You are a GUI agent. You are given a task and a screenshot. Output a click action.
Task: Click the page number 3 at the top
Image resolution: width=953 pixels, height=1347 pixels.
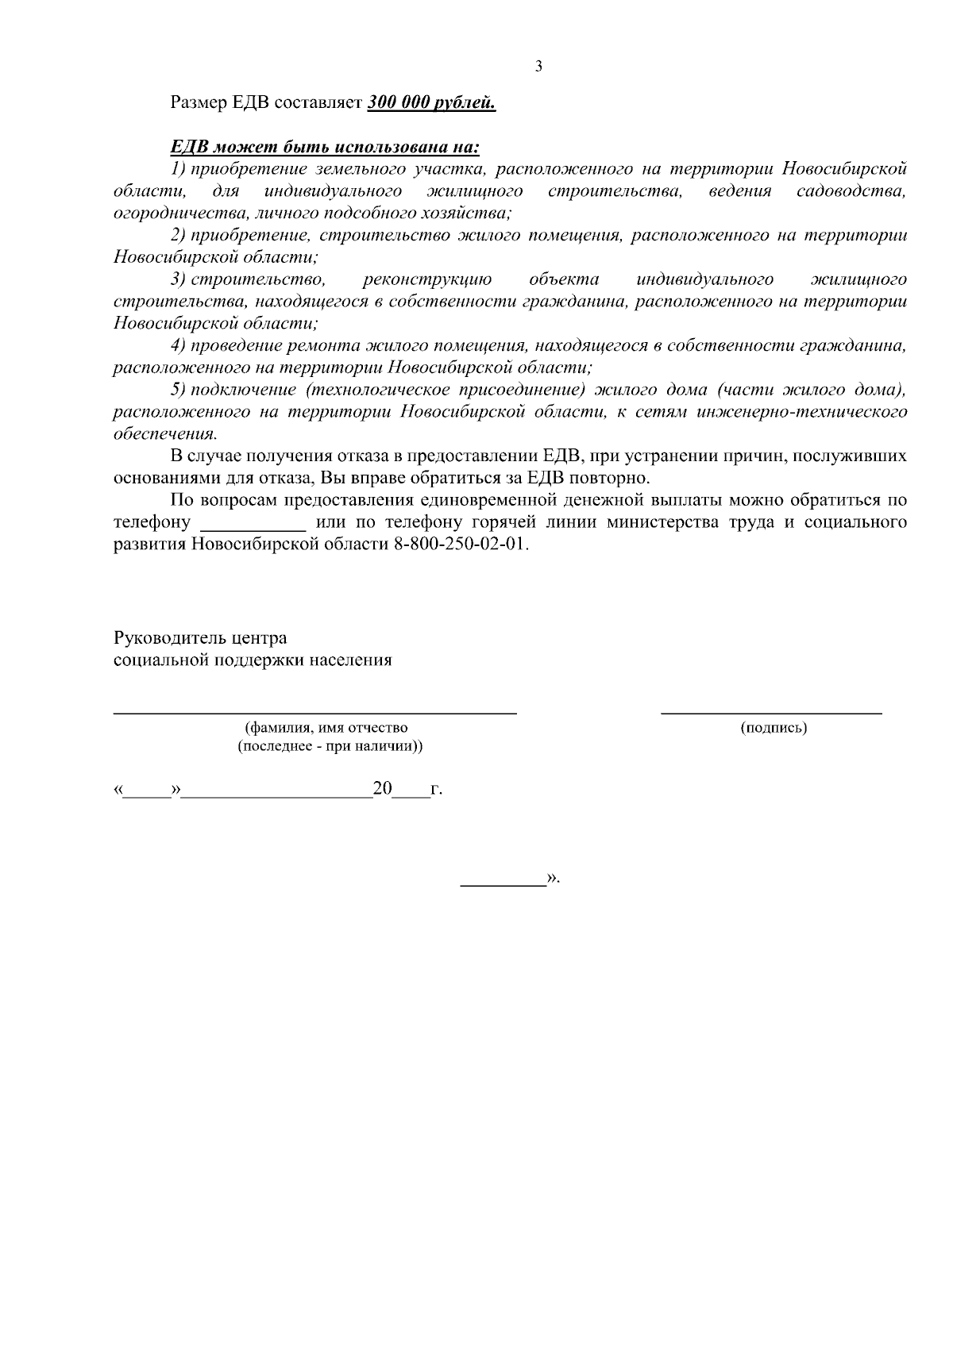[x=539, y=67]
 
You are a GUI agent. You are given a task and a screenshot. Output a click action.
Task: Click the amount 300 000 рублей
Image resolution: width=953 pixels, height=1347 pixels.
[x=431, y=103]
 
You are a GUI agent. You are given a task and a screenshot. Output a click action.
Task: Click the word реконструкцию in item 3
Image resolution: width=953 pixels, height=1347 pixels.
[x=426, y=279]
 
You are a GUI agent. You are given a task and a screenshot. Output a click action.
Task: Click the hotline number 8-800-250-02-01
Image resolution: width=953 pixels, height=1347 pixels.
[x=459, y=545]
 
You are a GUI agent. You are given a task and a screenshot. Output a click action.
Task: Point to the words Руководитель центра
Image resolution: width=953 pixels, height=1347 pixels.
[x=200, y=638]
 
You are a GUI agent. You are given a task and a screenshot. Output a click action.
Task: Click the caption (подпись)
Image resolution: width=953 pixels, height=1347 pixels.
[x=773, y=728]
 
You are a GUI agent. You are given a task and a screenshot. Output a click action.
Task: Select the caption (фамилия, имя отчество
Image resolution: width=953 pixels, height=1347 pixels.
[x=326, y=728]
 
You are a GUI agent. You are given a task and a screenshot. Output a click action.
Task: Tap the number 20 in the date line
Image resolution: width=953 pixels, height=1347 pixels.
[x=383, y=789]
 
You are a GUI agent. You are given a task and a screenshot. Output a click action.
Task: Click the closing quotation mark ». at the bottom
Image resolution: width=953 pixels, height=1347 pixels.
[x=553, y=879]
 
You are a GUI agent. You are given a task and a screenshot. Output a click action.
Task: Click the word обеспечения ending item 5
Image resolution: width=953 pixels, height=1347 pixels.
[x=164, y=434]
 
